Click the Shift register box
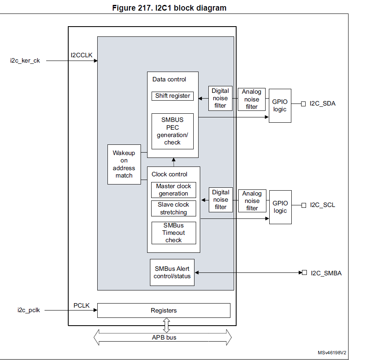172,96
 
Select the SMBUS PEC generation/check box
172,131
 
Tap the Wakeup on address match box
124,164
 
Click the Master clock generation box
174,190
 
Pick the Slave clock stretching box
174,209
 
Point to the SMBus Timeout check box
174,233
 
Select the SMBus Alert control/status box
172,272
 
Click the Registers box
163,310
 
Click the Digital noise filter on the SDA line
220,98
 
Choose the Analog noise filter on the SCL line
252,201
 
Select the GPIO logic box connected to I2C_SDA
280,106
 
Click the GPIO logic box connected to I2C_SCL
280,207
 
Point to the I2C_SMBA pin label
326,273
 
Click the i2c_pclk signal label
29,310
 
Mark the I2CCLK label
82,55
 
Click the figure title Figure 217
169,8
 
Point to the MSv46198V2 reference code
332,353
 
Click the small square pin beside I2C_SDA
303,104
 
